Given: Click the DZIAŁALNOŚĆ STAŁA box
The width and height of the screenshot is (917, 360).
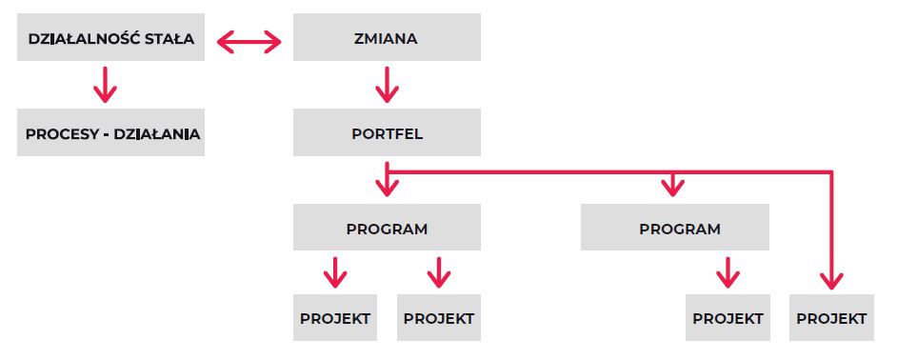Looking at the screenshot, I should [x=110, y=40].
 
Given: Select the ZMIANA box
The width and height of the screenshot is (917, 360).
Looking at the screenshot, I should [x=386, y=40].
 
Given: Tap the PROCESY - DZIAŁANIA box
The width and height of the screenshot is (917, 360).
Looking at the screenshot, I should [x=110, y=134].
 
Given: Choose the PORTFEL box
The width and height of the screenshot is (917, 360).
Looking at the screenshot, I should [x=386, y=134].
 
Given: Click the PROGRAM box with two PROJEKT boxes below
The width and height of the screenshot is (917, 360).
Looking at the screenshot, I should [x=386, y=229].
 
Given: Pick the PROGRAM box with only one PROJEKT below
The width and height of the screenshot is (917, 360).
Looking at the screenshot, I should [x=674, y=229].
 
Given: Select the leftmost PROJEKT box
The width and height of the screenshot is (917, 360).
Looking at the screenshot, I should [x=334, y=318].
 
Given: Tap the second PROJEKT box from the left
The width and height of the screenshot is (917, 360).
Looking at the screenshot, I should [x=438, y=318].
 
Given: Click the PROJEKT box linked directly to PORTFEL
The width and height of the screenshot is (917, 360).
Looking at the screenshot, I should [x=831, y=318].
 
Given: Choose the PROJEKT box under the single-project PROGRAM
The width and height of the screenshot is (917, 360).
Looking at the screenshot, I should [x=728, y=318].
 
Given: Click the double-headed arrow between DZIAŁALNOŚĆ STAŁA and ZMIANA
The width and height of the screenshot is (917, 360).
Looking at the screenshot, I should [x=249, y=41].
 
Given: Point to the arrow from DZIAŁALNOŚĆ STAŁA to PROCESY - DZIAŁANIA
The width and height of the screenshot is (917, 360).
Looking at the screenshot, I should [x=105, y=86].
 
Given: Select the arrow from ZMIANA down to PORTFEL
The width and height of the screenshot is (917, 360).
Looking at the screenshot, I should [x=386, y=86].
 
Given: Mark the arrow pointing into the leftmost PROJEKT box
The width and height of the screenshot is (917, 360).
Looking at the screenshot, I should [x=334, y=273].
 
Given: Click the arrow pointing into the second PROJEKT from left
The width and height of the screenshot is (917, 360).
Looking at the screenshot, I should [x=438, y=273].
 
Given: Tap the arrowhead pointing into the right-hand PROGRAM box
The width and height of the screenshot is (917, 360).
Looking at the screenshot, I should [x=674, y=186].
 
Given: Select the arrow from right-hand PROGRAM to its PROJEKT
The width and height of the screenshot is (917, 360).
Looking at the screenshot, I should [x=728, y=273].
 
